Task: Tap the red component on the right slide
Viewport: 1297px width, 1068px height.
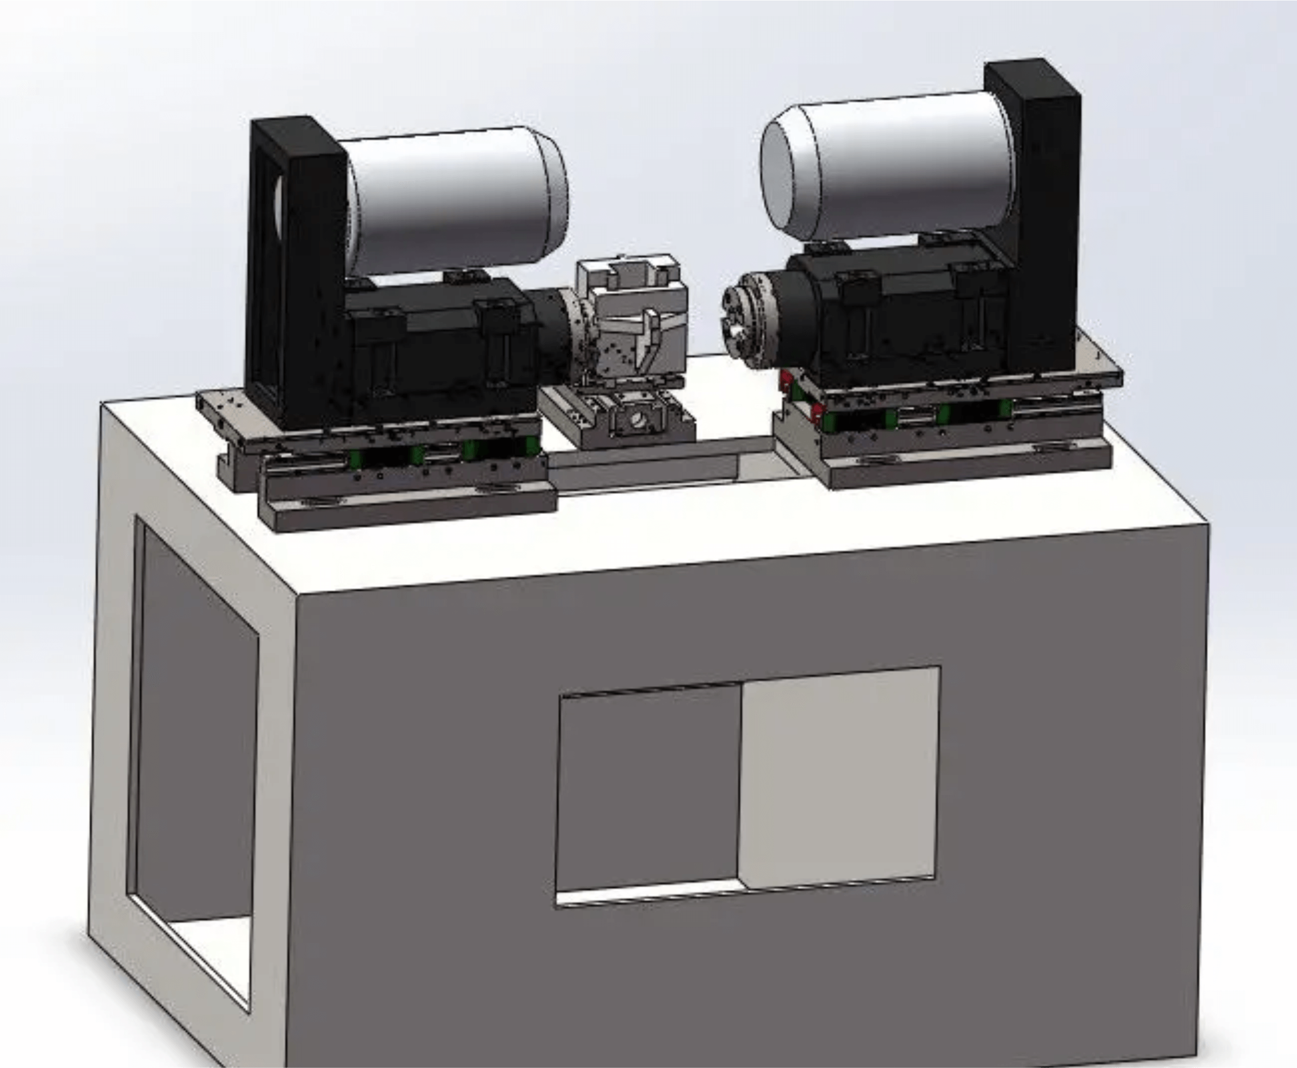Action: (786, 379)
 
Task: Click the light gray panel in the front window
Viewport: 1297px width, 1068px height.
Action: (840, 775)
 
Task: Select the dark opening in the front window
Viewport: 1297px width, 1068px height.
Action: (649, 788)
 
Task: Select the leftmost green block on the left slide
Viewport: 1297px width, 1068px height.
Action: (355, 459)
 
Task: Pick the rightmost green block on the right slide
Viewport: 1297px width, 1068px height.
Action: (1005, 409)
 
